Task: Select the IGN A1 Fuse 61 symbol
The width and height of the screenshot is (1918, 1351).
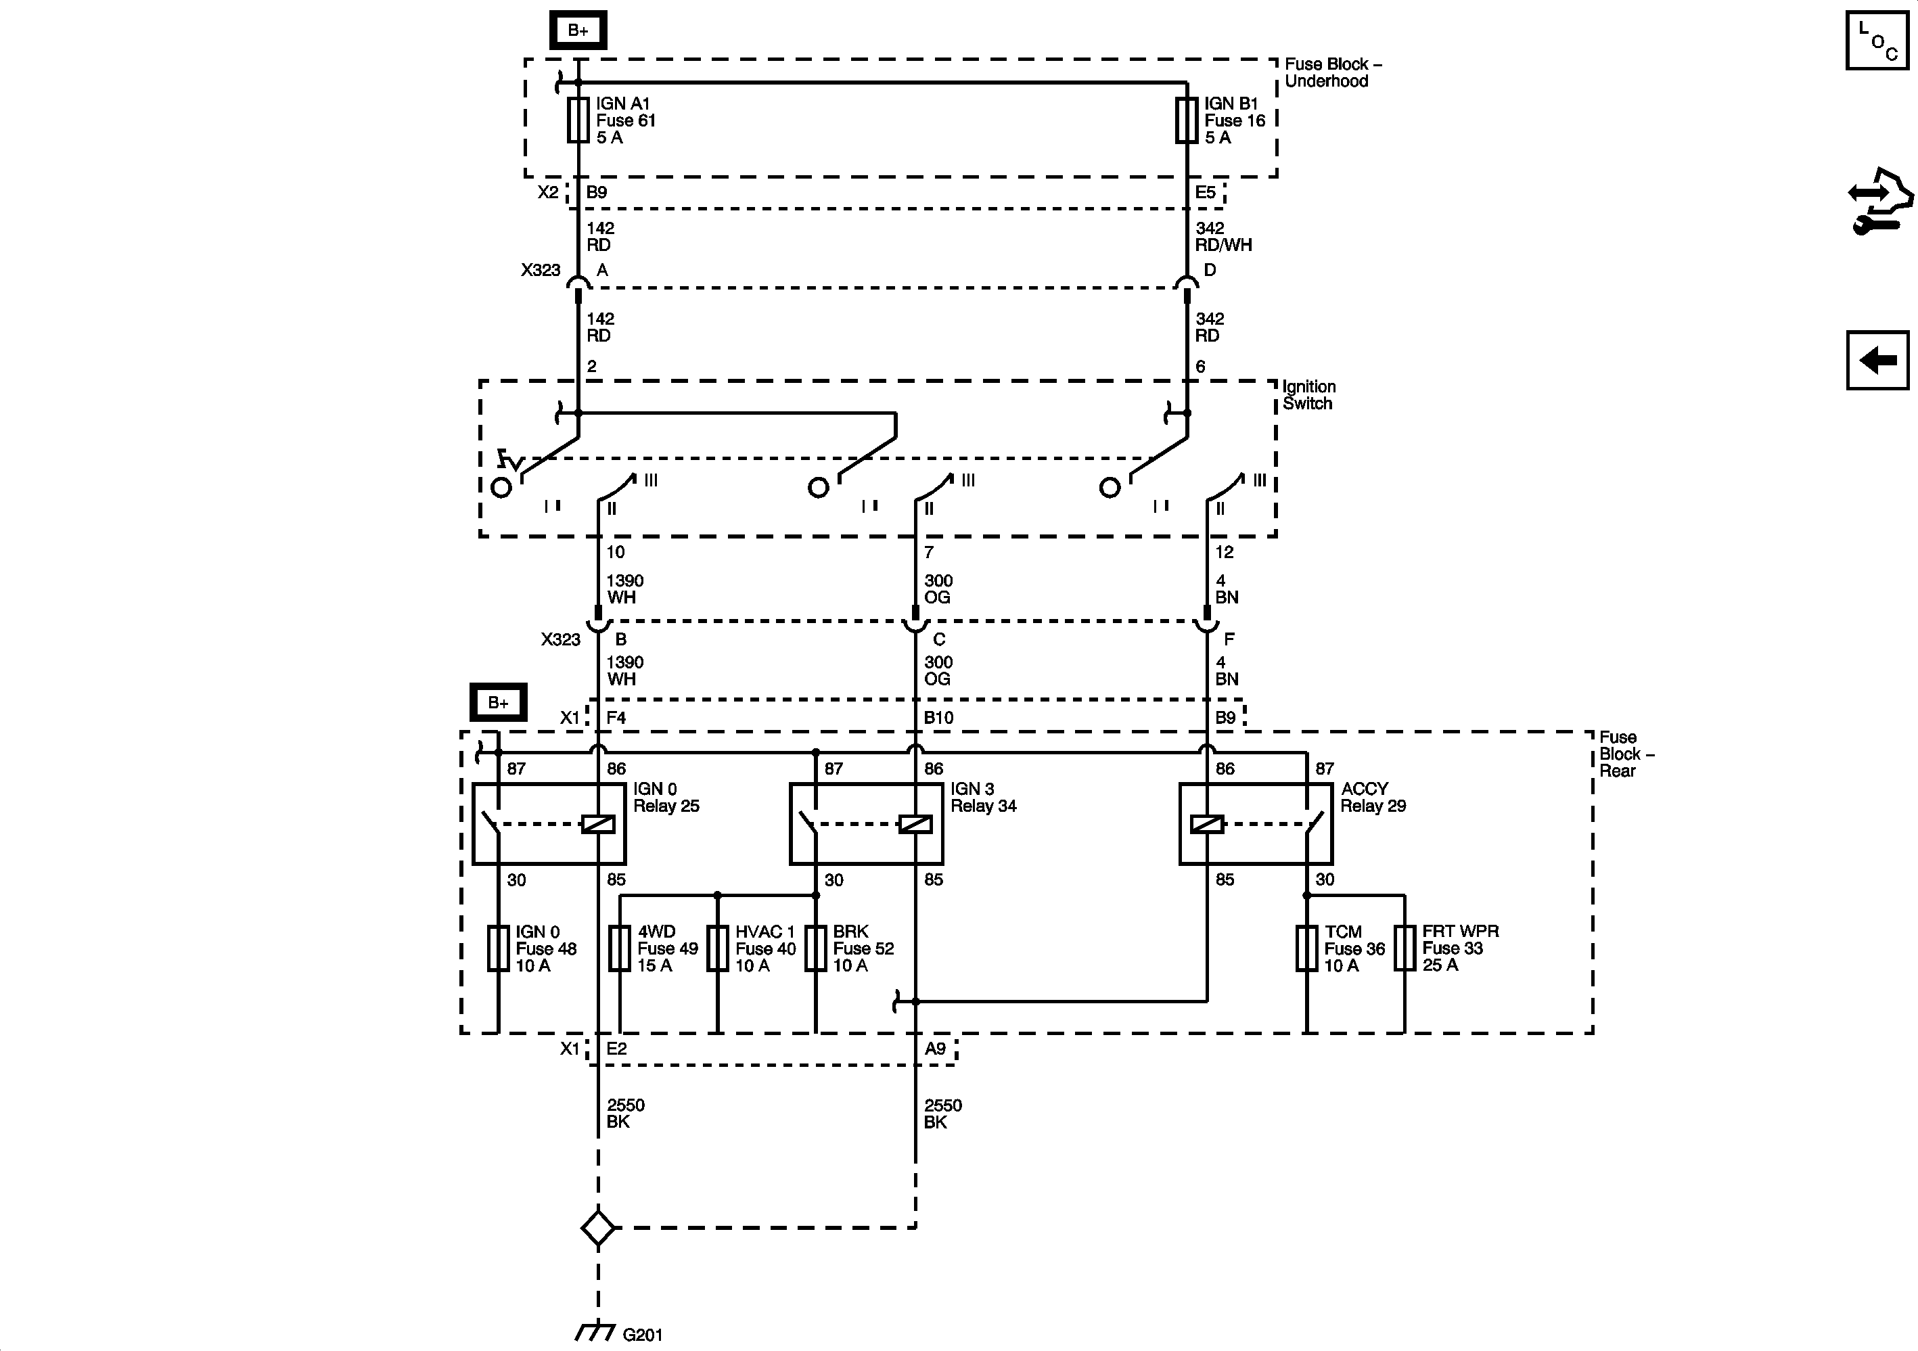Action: [578, 120]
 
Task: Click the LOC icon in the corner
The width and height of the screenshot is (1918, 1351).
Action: [1876, 40]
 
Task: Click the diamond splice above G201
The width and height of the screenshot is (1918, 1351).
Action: [598, 1227]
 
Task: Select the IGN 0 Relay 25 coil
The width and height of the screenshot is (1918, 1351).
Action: [598, 825]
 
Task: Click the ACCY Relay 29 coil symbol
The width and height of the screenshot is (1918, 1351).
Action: [1206, 825]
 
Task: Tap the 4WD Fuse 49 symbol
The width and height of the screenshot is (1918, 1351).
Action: [619, 948]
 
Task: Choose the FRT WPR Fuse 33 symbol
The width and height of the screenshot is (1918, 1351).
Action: [1405, 948]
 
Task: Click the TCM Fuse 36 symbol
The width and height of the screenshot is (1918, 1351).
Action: [1306, 948]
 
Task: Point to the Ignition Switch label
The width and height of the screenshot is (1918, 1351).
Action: [1309, 395]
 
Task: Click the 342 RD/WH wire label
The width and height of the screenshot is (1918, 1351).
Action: [1223, 237]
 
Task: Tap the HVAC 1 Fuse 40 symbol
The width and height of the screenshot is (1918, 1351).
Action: [718, 948]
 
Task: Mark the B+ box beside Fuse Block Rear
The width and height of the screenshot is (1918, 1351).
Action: [498, 703]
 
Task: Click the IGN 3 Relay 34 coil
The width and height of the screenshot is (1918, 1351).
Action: [915, 825]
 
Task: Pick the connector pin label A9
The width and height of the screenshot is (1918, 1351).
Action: [935, 1049]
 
